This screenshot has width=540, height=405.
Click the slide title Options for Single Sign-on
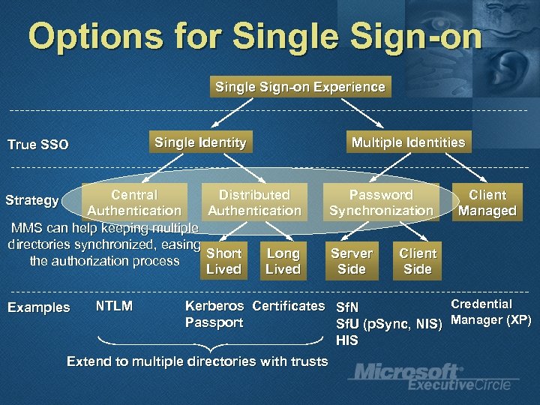coord(255,37)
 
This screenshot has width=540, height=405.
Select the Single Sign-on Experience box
coord(300,87)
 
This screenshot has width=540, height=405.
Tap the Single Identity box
coord(200,142)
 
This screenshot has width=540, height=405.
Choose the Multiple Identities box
coord(408,142)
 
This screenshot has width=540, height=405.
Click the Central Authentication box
coord(134,202)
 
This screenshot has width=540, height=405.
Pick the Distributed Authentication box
coord(254,202)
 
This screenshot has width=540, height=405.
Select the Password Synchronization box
coord(381,202)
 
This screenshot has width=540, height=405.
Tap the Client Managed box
coord(487,202)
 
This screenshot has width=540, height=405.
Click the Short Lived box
coord(223,261)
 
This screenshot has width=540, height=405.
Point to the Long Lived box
coord(283,261)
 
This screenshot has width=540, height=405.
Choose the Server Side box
coord(352,261)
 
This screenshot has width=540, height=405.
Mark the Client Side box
coord(418,261)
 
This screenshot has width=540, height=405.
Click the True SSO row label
coord(37,145)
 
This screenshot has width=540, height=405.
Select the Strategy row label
coord(31,200)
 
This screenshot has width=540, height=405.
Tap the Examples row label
coord(38,307)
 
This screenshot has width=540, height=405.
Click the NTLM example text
coord(114,306)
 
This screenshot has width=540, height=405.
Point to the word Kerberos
coord(214,306)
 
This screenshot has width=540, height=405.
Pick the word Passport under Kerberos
coord(214,322)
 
